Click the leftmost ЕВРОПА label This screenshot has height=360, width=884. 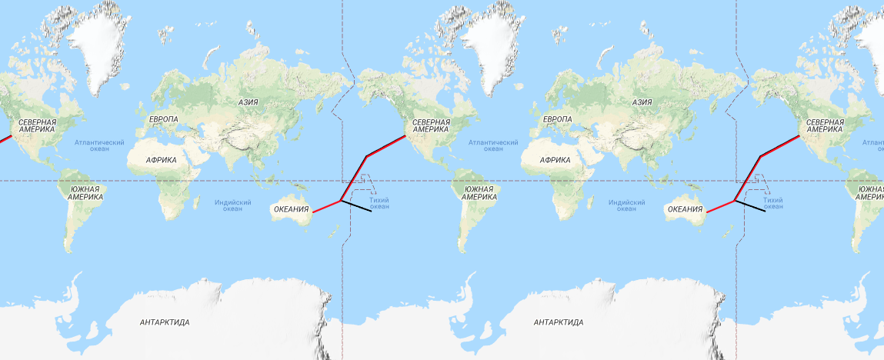click(163, 119)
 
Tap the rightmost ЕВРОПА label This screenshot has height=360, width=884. click(557, 119)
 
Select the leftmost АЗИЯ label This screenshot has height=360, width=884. click(248, 102)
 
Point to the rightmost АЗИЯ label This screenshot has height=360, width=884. click(642, 102)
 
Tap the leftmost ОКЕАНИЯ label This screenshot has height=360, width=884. click(292, 208)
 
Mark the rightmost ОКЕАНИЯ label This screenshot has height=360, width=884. click(686, 208)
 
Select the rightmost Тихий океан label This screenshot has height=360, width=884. click(773, 203)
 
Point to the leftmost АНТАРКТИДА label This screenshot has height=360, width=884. click(165, 322)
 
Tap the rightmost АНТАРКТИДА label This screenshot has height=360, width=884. click(559, 322)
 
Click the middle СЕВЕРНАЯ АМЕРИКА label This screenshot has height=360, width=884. click(431, 125)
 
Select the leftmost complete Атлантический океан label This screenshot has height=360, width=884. click(99, 145)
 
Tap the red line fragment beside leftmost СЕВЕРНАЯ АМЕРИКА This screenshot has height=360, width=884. click(5, 140)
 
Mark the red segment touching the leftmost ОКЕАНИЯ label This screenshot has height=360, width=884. click(326, 206)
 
